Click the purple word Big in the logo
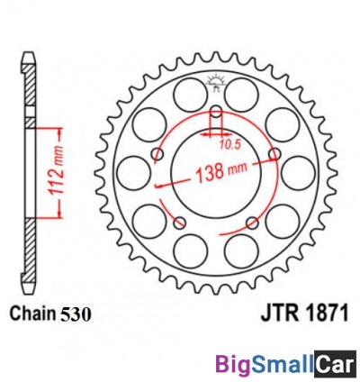232,364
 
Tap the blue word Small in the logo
281,364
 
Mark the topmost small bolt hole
215,114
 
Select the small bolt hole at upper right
273,155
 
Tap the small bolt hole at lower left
179,222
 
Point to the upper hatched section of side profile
30,90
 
